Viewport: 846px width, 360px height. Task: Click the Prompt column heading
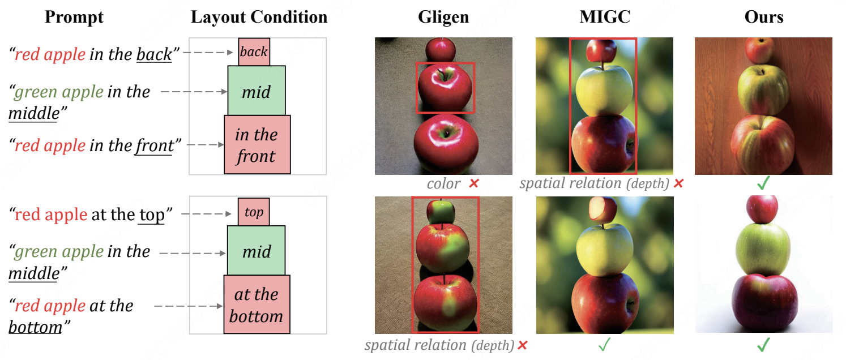coord(74,17)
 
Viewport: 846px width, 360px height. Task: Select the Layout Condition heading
coord(259,17)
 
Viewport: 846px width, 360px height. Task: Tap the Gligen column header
coord(443,17)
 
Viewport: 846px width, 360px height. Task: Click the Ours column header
coord(764,17)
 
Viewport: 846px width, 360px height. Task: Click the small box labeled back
coord(254,52)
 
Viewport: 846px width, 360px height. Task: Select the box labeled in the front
coord(257,145)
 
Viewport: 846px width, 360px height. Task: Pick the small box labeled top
coord(254,212)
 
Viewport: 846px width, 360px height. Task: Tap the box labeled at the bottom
coord(257,305)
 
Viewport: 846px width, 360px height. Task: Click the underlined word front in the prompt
coord(154,146)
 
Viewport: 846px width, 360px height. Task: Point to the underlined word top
coord(151,215)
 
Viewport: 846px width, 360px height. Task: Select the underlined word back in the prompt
coord(154,54)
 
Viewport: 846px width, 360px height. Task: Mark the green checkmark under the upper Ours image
coord(763,184)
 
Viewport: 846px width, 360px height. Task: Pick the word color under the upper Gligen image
coord(443,184)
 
